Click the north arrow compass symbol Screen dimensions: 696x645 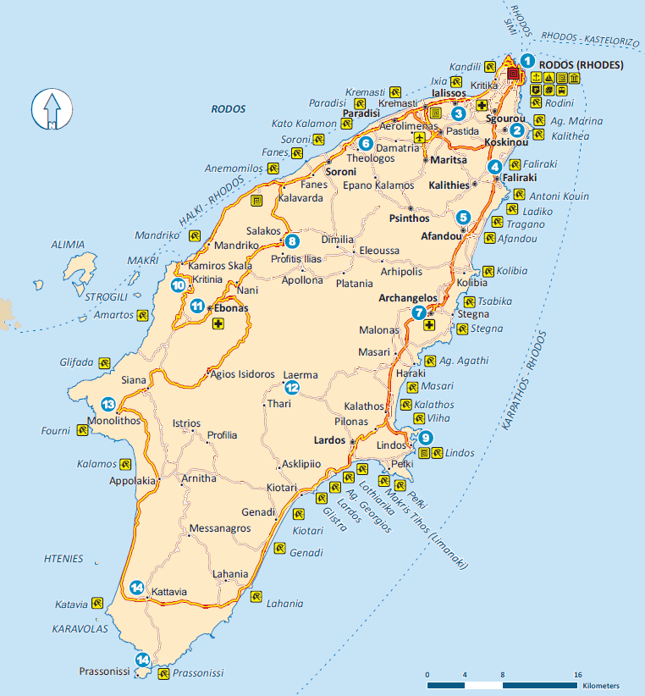tap(49, 110)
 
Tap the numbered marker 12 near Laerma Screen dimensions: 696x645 tap(292, 389)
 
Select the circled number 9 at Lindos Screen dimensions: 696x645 tap(425, 438)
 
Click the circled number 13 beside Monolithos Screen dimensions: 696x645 tap(107, 404)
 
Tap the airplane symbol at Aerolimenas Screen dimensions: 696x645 tap(419, 136)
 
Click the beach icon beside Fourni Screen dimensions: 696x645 tap(82, 431)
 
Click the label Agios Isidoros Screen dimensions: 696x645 tap(242, 373)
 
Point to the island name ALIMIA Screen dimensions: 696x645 tap(68, 245)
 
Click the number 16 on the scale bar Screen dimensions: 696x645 tap(578, 674)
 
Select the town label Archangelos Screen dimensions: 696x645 tap(408, 298)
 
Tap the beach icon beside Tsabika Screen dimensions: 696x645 tap(466, 301)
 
